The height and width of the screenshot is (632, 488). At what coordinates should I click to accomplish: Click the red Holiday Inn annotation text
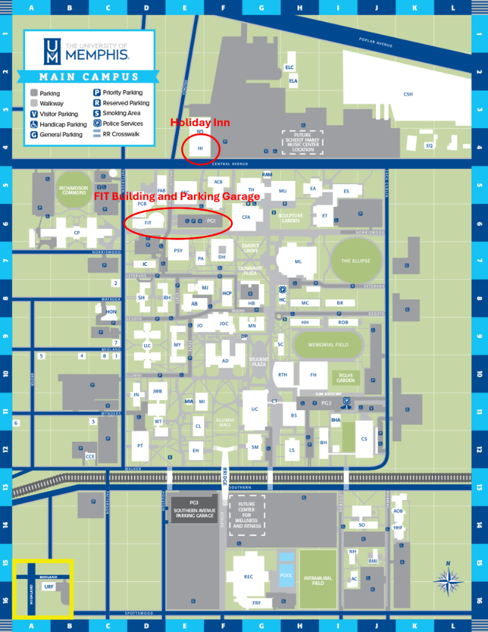[200, 123]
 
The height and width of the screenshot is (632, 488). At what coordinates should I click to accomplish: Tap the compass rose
[448, 580]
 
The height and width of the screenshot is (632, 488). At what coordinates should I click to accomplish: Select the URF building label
[49, 586]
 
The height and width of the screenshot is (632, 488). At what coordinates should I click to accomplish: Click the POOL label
[286, 575]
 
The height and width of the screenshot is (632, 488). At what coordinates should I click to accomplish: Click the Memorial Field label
[328, 345]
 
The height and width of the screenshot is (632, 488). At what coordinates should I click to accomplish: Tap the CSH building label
[408, 94]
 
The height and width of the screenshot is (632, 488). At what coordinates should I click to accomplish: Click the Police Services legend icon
[97, 123]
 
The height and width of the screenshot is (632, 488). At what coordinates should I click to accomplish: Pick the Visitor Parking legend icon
[34, 113]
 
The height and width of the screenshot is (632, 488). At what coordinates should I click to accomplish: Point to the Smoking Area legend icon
[97, 113]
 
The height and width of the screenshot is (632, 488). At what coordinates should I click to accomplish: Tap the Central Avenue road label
[229, 164]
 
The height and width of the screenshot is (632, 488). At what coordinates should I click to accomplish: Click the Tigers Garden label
[345, 378]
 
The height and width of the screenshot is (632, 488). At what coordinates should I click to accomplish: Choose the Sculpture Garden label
[290, 218]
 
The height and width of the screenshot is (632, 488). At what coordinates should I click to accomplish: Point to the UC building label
[254, 409]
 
